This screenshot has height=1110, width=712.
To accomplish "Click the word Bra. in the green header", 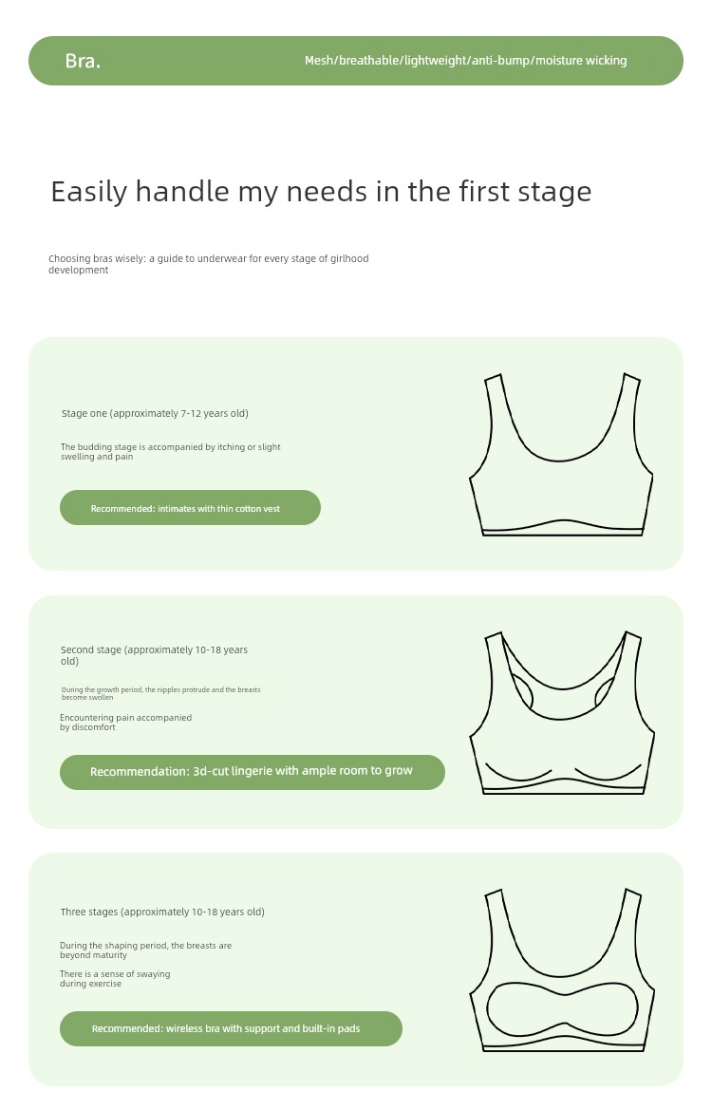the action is pos(83,61).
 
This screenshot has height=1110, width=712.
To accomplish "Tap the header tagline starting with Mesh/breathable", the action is pos(466,61).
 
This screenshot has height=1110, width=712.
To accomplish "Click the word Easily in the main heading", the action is pos(89,192).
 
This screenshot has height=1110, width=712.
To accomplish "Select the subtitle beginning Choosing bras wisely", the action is pos(209,264).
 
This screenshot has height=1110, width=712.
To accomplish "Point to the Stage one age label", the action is pos(155,413).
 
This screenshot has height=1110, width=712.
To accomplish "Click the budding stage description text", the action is pos(171,452).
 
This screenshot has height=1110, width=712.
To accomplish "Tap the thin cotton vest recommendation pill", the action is pos(191,508).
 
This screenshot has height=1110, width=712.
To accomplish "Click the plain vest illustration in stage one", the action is pos(561,454).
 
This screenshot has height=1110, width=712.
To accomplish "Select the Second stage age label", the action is pos(155,655).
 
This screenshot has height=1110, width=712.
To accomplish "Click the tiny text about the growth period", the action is pos(160,693).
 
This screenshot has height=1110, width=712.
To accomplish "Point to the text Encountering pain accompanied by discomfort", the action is pos(126,722).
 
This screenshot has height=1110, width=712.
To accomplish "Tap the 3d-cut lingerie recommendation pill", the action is pos(253,772).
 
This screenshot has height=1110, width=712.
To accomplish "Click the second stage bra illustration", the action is pos(562,712).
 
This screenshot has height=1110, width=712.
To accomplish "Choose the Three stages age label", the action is pos(162,912).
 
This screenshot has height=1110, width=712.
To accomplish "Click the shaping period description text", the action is pos(146,950).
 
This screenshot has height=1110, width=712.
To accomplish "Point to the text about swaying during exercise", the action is pos(116,978).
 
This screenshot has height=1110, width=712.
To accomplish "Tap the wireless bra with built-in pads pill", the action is pos(231,1028).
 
